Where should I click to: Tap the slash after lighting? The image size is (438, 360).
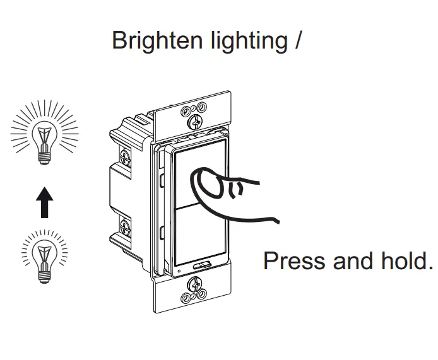pyautogui.click(x=297, y=40)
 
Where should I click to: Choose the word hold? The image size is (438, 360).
pyautogui.click(x=404, y=260)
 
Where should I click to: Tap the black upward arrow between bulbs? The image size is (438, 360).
pyautogui.click(x=44, y=199)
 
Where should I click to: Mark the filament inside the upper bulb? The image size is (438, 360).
pyautogui.click(x=44, y=133)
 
